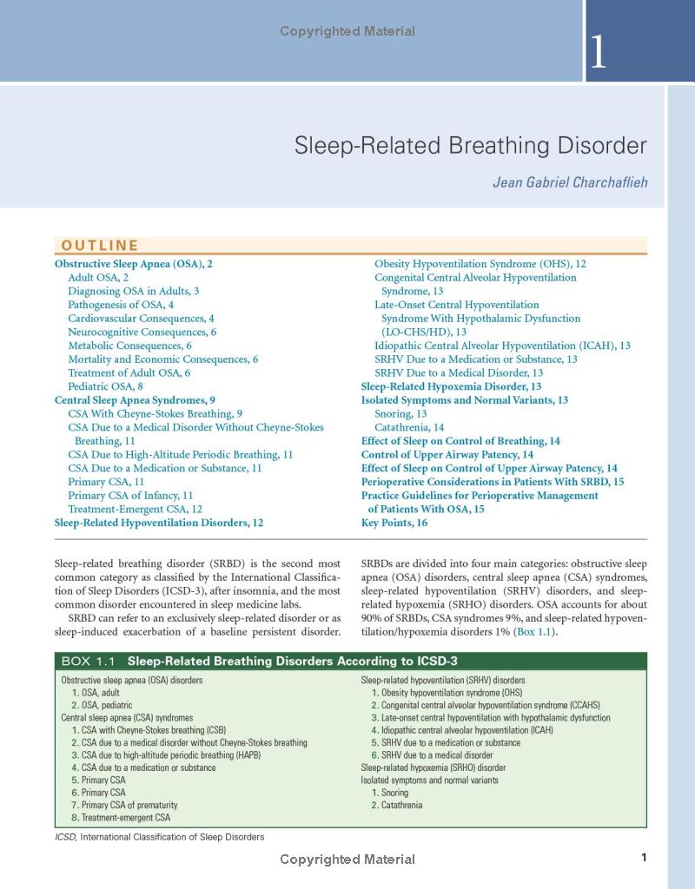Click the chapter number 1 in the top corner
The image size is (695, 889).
coord(599,53)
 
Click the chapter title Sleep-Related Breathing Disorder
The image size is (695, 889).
coord(470,145)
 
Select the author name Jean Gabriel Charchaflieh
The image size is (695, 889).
coord(569,182)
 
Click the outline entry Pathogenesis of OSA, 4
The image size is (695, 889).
coord(121,305)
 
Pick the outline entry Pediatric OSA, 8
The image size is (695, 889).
coord(105,386)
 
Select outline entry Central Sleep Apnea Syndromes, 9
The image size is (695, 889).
coord(135,400)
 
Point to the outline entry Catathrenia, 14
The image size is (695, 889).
coord(409,427)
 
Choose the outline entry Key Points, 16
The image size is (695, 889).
coord(394,523)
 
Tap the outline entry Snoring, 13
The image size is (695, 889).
coord(400,414)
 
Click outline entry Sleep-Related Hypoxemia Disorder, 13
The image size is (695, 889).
coord(452,386)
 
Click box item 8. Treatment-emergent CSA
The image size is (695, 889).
coord(121,817)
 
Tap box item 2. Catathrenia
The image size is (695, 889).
coord(396,805)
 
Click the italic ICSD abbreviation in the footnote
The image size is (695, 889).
coord(65,838)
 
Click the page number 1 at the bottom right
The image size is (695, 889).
coord(644,858)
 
